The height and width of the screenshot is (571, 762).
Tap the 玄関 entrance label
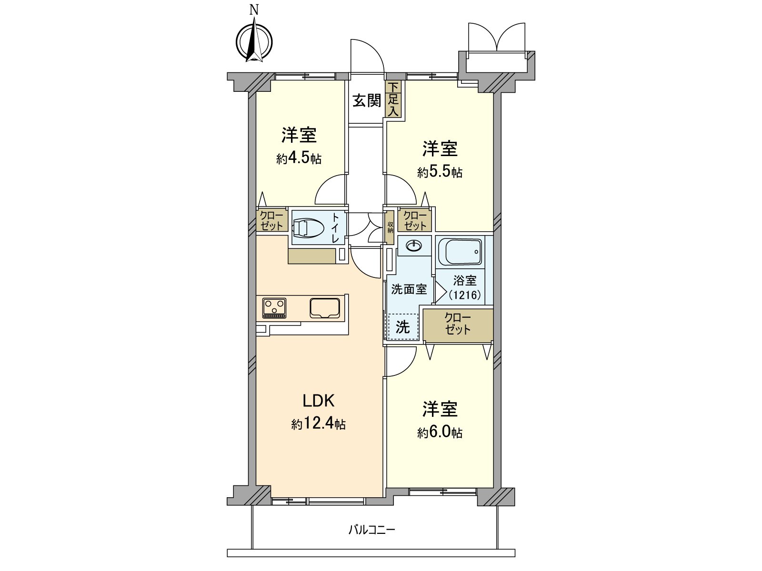367,101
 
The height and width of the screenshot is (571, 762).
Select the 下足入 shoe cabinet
393,99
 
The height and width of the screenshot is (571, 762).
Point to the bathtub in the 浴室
460,252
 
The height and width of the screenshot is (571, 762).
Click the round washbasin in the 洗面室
413,246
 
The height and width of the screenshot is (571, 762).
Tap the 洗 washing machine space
403,327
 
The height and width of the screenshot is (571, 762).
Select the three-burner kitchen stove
274,308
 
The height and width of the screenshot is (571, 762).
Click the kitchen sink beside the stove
325,308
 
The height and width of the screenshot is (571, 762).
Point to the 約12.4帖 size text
318,424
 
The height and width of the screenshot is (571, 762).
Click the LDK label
319,401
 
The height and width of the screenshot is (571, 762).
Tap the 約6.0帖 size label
440,433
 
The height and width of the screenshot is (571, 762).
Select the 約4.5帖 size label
299,159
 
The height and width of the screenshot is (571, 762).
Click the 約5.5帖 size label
440,172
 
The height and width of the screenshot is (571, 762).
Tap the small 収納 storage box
390,228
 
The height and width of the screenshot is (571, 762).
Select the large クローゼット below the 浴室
458,324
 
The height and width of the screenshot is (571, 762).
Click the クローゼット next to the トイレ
272,221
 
